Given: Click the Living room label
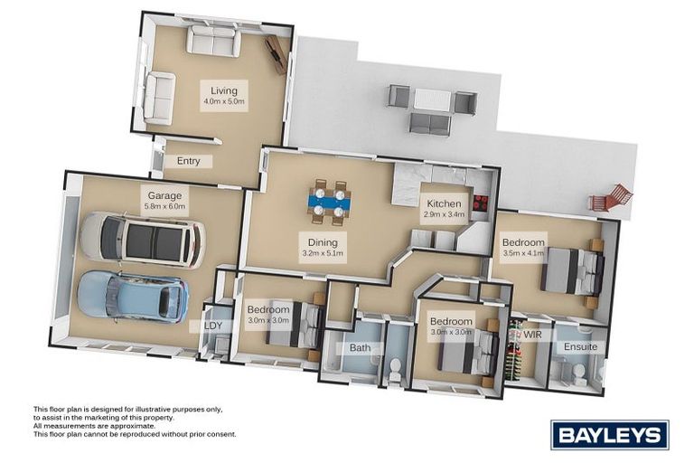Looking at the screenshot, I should tap(223, 90).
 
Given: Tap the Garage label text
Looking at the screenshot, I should tap(165, 194).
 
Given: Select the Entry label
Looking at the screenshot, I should tap(188, 161).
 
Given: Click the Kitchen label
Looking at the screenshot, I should tap(444, 203).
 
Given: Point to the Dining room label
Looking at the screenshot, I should tap(322, 241).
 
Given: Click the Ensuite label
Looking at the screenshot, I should tap(580, 346).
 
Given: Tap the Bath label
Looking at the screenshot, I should tap(361, 347).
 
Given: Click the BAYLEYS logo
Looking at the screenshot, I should tap(609, 435).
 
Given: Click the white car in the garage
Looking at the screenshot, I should tap(142, 241).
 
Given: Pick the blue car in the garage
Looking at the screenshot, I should tap(133, 295).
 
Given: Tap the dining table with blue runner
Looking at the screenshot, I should tap(328, 203).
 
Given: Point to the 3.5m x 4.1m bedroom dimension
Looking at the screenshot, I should tap(523, 255).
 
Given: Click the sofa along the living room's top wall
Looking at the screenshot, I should tap(212, 41).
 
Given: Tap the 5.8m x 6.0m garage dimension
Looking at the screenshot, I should tap(165, 206).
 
